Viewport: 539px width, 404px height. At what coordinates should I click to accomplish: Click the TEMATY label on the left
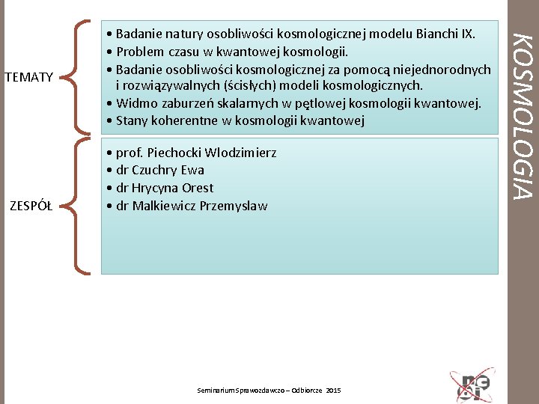28,76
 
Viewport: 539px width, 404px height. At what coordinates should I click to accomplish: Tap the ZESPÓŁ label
31,206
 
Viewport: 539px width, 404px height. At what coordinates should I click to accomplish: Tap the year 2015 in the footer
333,391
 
